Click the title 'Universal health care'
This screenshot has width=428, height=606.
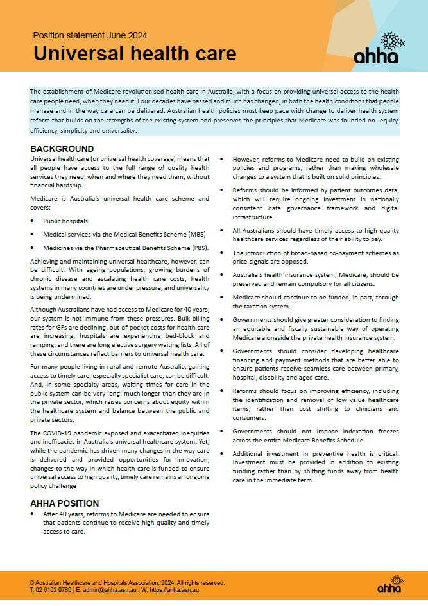[x=135, y=53]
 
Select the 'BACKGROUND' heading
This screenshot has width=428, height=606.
[x=62, y=149]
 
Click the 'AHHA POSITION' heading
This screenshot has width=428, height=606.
[x=65, y=503]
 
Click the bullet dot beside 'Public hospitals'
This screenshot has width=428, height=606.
[x=33, y=220]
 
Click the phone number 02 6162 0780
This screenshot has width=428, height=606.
[x=55, y=589]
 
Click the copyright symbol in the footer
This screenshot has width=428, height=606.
[x=32, y=582]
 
